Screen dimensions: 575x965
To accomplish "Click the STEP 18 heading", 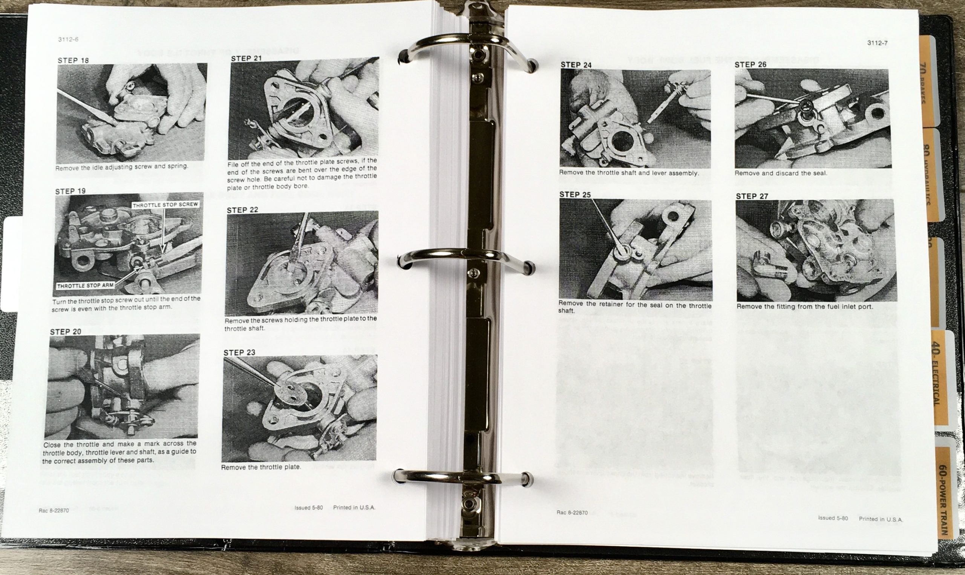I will point(73,60).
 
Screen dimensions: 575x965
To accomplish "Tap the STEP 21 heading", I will point(246,58).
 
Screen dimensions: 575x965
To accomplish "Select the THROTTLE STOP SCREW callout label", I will point(165,205).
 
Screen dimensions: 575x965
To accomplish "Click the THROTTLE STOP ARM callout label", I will point(86,285).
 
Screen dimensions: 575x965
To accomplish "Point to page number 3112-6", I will point(68,40).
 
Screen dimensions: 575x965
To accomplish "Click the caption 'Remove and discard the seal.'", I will point(781,173).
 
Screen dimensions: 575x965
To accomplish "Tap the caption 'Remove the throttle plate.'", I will point(260,467).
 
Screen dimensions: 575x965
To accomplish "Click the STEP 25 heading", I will point(575,195).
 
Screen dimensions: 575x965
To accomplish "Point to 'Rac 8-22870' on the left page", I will point(54,511).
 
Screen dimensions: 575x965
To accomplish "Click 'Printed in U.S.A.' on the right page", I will point(881,520).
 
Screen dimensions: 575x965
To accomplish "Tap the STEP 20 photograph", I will point(122,386).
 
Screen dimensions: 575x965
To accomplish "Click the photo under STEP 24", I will point(635,118).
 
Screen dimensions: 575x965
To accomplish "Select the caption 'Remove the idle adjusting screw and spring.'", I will point(122,167).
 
